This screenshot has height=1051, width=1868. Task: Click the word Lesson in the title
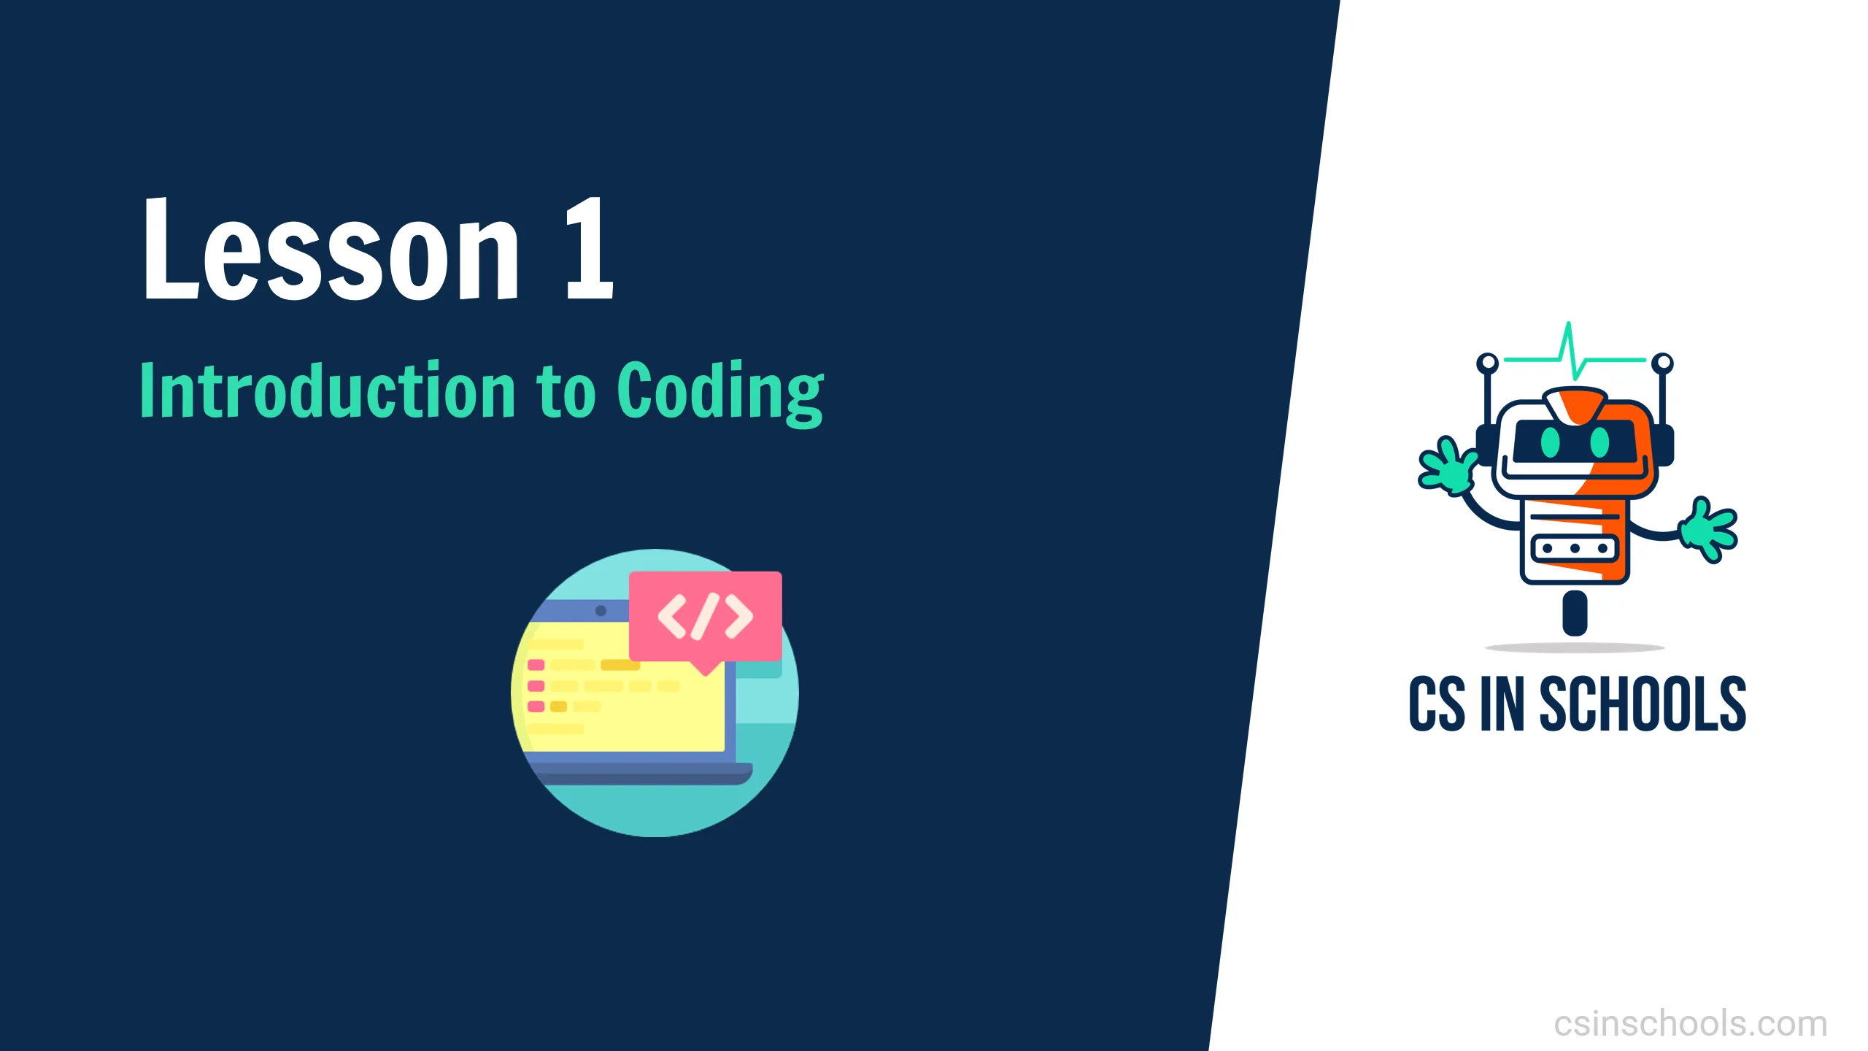click(331, 250)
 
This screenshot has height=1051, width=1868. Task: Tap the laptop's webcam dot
click(601, 610)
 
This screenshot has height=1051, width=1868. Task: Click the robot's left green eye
click(1549, 441)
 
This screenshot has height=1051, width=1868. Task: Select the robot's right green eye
click(1599, 441)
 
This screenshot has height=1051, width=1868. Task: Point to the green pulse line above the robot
click(1575, 353)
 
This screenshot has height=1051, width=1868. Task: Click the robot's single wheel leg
click(1575, 612)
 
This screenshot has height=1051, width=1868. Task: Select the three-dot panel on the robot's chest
click(1575, 548)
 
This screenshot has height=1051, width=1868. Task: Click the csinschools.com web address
click(1691, 1023)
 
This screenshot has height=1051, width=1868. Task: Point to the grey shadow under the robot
click(1575, 647)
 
